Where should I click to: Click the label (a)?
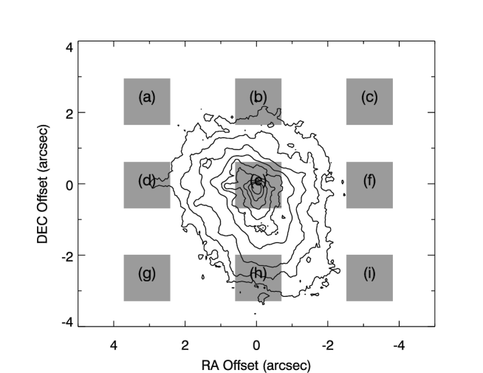147,97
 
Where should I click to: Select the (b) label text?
258,97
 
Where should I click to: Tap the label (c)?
369,97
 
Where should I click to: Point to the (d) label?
146,180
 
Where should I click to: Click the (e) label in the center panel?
258,180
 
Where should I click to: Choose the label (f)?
369,180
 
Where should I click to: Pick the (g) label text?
147,273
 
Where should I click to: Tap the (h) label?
258,273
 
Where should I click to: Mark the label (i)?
369,273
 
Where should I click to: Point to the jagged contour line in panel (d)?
164,178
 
